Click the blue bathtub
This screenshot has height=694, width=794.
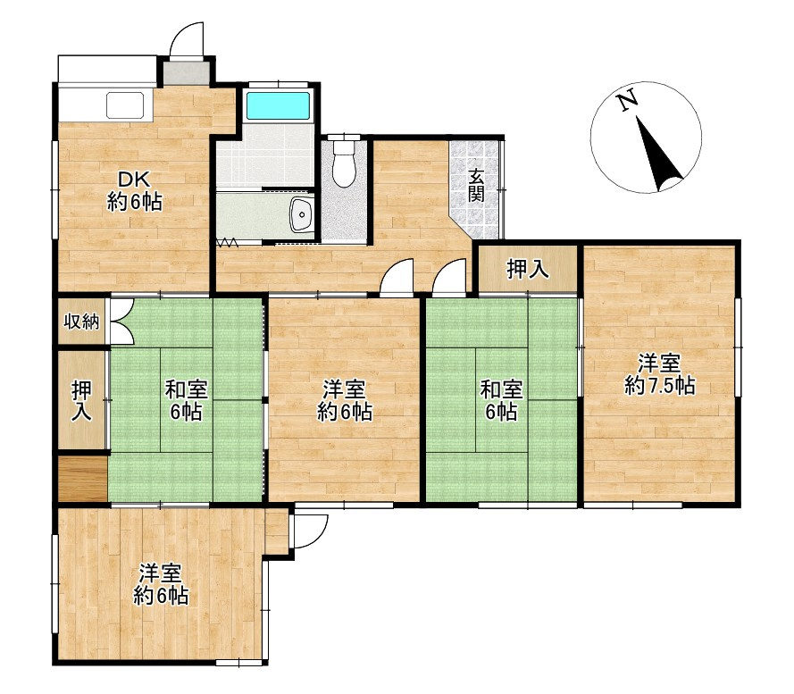coord(278,105)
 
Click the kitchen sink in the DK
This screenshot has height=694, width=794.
coord(126,105)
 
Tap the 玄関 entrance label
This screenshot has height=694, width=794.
coord(476,186)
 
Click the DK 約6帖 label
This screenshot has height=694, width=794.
coord(134,191)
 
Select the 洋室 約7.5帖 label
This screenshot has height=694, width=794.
coord(659,374)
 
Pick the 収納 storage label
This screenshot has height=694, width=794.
coord(81,322)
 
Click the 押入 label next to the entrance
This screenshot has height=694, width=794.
coord(528,269)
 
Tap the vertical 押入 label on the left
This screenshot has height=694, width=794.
coord(81,400)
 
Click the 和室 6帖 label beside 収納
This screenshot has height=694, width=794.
coord(187,401)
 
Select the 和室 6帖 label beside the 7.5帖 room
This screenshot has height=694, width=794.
coord(501,400)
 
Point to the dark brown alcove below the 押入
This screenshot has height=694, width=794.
coord(82,479)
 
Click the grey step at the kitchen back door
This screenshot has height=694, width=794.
coord(186,73)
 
